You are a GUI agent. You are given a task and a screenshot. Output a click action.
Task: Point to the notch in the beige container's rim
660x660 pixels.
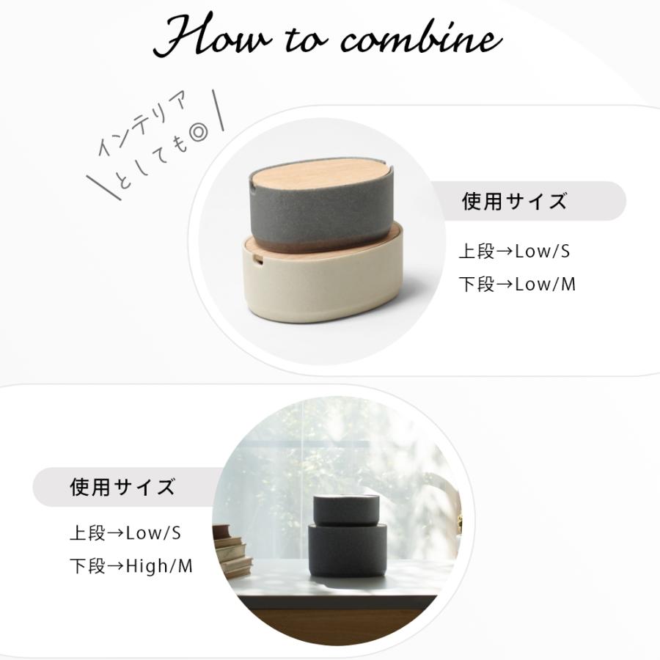coord(257,260)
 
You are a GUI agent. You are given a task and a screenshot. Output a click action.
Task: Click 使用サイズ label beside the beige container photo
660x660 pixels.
coord(514,202)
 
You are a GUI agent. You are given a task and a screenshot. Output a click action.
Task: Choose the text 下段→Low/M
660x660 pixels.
coord(517,285)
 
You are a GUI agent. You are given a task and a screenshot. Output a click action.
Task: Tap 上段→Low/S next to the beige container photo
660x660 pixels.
coord(514,252)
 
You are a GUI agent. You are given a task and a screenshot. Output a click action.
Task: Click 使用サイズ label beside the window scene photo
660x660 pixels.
coord(122,487)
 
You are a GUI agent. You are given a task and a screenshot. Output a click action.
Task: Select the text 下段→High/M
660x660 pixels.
coord(131,566)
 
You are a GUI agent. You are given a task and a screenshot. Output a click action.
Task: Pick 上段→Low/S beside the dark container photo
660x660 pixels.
coord(125,533)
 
